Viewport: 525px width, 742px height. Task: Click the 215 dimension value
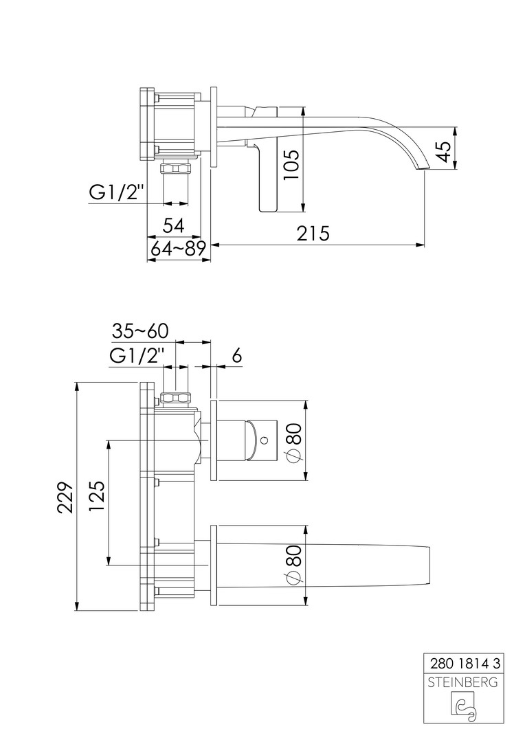tap(313, 234)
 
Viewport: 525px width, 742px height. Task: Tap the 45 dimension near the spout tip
tap(445, 150)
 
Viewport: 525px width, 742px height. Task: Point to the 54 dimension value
tap(172, 225)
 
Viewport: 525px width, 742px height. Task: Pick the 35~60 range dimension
tap(139, 331)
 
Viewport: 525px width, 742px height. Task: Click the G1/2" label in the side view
tap(116, 193)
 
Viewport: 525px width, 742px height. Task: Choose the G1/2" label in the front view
tap(137, 357)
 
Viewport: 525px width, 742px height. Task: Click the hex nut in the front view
tap(176, 398)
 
